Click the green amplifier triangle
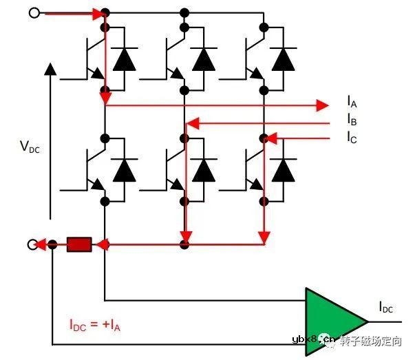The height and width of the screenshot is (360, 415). click(332, 322)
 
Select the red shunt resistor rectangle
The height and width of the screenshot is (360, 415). click(79, 244)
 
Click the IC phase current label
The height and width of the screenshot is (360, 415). click(352, 137)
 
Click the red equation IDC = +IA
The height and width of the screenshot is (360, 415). click(95, 324)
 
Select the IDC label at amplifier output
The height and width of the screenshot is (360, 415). click(386, 308)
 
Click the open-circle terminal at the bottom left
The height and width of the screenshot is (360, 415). click(32, 244)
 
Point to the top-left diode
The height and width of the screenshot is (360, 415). click(124, 61)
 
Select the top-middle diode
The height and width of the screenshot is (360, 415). click(204, 61)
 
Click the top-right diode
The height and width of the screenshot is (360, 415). click(282, 61)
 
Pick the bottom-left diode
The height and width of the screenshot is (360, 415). click(124, 169)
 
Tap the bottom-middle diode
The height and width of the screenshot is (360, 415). click(204, 169)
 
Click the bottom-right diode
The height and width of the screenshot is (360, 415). click(282, 169)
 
